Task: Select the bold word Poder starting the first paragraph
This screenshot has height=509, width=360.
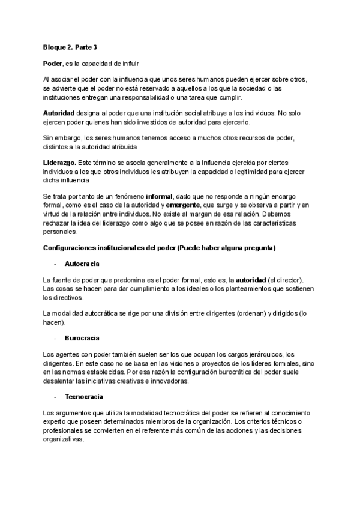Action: point(53,63)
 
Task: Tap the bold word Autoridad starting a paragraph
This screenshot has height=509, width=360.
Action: point(59,113)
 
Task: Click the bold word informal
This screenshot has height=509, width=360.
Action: point(160,196)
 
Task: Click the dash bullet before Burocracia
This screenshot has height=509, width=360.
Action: point(55,339)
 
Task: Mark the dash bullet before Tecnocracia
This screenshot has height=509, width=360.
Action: point(55,397)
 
